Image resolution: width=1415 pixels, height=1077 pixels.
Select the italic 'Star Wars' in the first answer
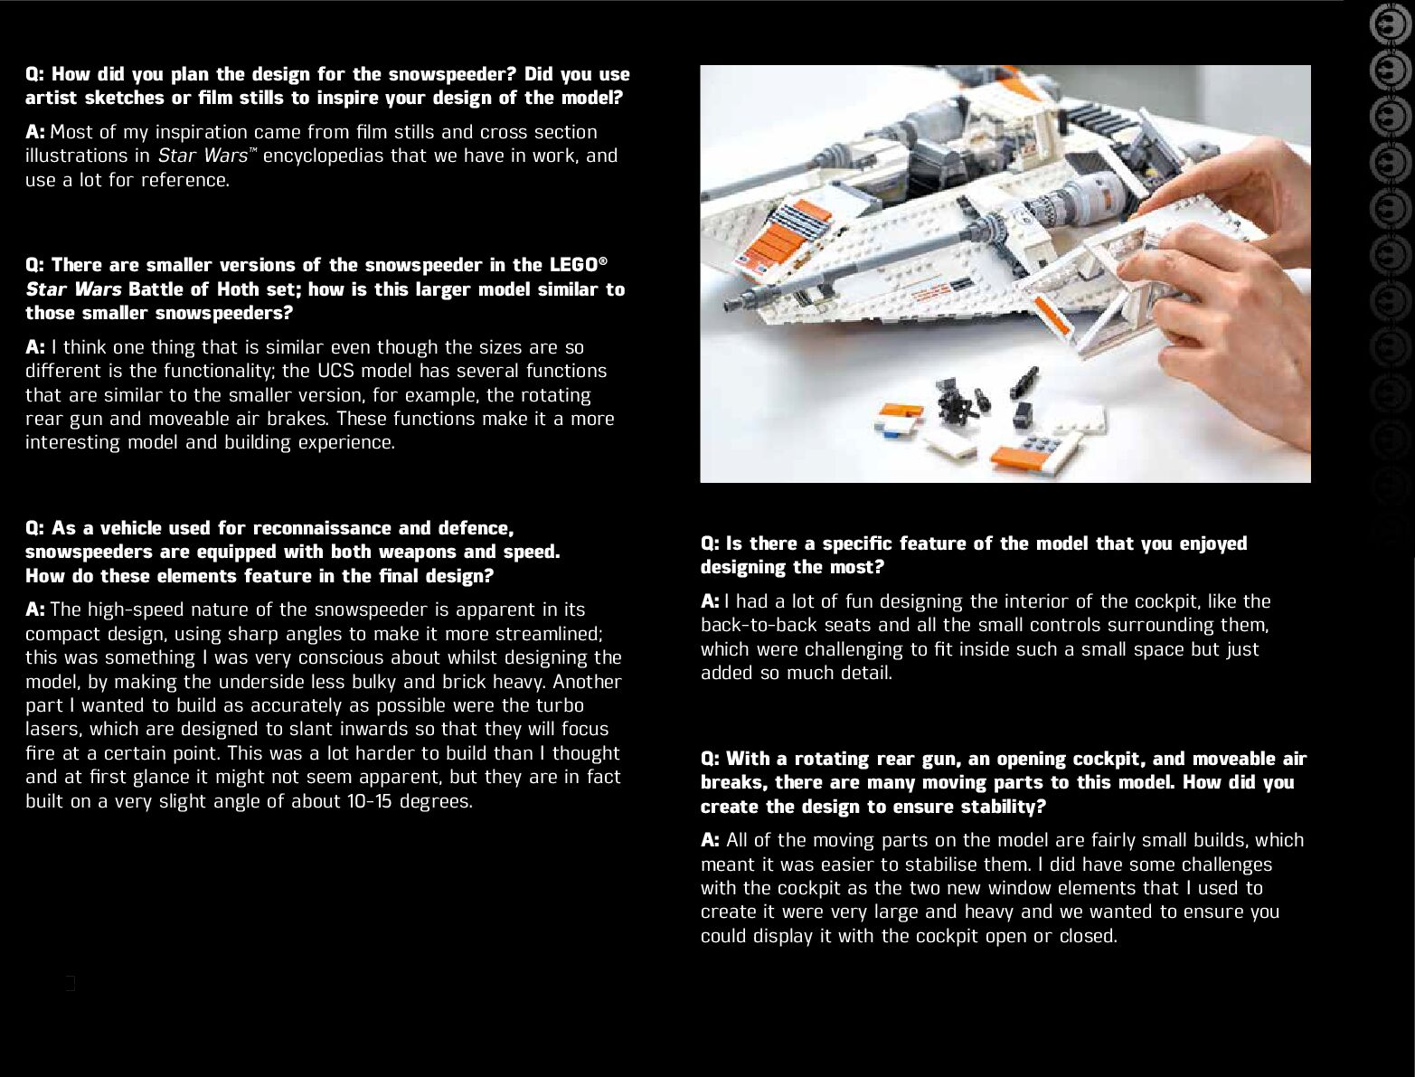[x=203, y=156]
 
